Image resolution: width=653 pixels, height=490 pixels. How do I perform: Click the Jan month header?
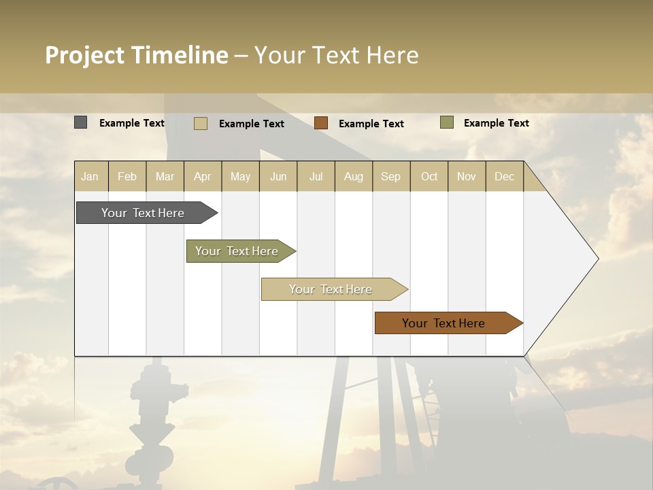90,176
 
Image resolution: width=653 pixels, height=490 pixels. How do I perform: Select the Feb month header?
127,176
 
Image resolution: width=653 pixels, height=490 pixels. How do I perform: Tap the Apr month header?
203,176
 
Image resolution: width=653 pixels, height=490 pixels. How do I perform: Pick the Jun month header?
278,176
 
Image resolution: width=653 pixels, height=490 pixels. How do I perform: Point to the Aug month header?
354,176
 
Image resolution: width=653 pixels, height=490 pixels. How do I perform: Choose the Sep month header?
391,176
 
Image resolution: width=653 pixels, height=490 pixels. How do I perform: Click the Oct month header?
429,176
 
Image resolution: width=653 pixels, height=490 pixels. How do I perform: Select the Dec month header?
505,176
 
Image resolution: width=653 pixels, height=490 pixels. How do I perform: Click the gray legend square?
81,122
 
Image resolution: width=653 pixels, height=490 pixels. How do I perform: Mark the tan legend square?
201,123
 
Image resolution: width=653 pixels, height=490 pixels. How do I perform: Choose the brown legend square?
321,122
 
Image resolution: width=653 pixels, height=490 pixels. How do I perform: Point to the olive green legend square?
447,122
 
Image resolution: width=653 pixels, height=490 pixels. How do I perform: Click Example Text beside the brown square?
371,124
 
